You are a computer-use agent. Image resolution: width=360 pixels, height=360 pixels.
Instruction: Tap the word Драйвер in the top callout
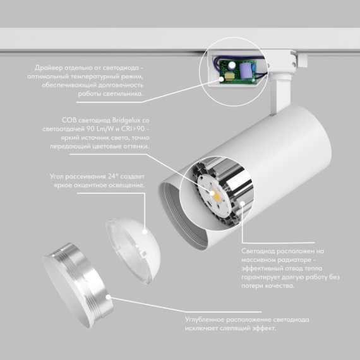click(49, 68)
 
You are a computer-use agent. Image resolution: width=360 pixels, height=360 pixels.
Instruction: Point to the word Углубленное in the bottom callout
click(205, 320)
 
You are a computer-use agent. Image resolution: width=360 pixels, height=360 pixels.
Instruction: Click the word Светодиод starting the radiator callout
click(258, 251)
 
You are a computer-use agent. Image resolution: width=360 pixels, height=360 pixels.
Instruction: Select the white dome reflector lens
click(133, 251)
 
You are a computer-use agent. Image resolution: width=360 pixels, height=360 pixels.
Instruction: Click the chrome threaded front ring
click(78, 284)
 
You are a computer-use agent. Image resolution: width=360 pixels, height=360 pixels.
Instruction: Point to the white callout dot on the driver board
click(221, 80)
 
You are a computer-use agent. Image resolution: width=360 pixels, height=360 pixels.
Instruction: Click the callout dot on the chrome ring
click(108, 297)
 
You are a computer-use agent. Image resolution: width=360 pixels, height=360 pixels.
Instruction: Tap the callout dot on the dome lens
click(145, 232)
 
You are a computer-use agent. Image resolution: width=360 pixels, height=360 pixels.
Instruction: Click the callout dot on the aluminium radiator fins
click(243, 203)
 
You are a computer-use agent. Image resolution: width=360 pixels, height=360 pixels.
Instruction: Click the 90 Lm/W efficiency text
click(100, 129)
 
